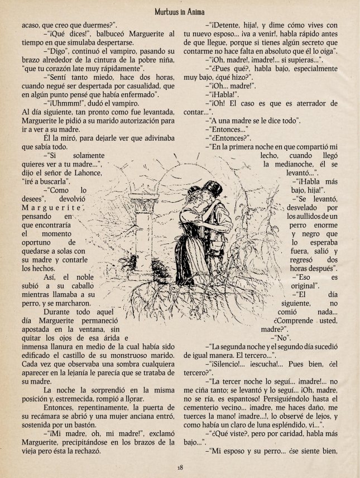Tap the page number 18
click(180, 467)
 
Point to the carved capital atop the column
click(138, 200)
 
